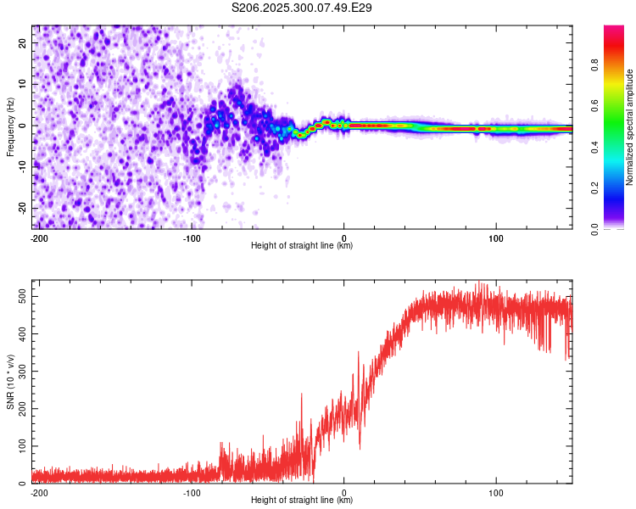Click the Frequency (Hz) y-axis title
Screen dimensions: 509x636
[10, 126]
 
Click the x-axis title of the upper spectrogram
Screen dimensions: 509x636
[302, 245]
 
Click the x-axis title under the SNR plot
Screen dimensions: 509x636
[302, 500]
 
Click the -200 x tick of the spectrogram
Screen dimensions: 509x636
[38, 237]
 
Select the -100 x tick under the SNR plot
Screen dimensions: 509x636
[192, 491]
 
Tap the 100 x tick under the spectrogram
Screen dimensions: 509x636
[496, 237]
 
